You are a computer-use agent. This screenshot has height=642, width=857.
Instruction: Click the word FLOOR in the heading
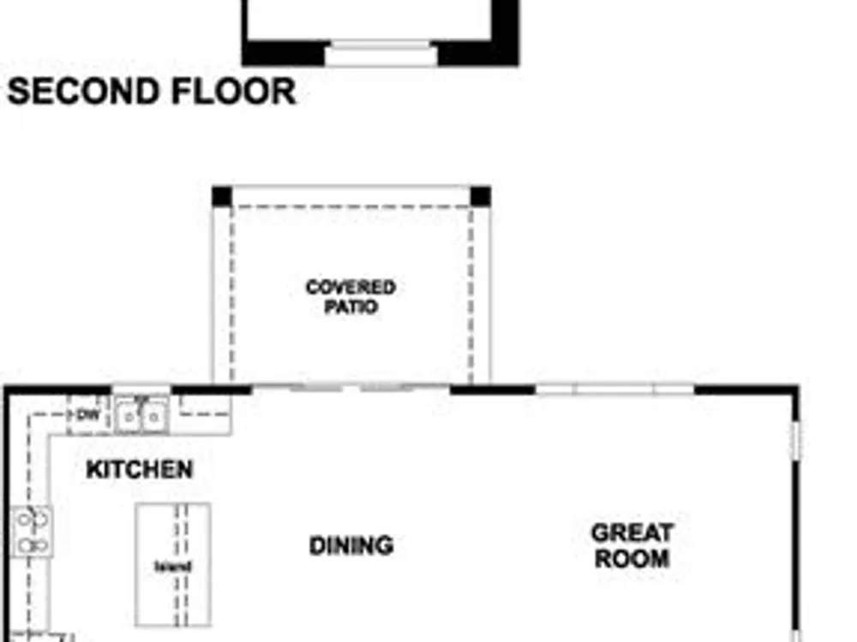233,92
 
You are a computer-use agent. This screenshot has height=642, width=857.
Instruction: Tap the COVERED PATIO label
351,296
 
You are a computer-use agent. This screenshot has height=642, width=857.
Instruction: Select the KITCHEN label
140,469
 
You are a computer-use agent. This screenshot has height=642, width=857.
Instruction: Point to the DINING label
351,545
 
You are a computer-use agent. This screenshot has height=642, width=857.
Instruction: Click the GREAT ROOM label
632,546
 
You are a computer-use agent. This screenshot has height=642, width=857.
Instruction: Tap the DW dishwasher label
88,415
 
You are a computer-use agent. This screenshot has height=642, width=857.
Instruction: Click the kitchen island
173,564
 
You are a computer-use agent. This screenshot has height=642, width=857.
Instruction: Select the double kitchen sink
141,417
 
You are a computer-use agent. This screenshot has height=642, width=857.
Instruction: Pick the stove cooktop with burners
33,532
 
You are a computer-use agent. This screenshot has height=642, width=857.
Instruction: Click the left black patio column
222,197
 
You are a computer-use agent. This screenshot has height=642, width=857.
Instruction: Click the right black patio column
481,197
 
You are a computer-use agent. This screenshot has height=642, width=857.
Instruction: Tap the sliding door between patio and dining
351,388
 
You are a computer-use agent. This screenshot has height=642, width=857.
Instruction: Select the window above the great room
614,389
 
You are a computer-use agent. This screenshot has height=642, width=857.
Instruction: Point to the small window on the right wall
796,439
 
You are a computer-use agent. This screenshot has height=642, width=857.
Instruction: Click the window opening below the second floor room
381,53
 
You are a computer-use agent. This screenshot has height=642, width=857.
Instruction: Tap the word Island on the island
173,567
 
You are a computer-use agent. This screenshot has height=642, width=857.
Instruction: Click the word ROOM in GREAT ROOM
632,558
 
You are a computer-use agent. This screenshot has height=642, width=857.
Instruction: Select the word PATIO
351,306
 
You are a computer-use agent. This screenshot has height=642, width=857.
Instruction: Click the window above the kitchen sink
141,389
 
